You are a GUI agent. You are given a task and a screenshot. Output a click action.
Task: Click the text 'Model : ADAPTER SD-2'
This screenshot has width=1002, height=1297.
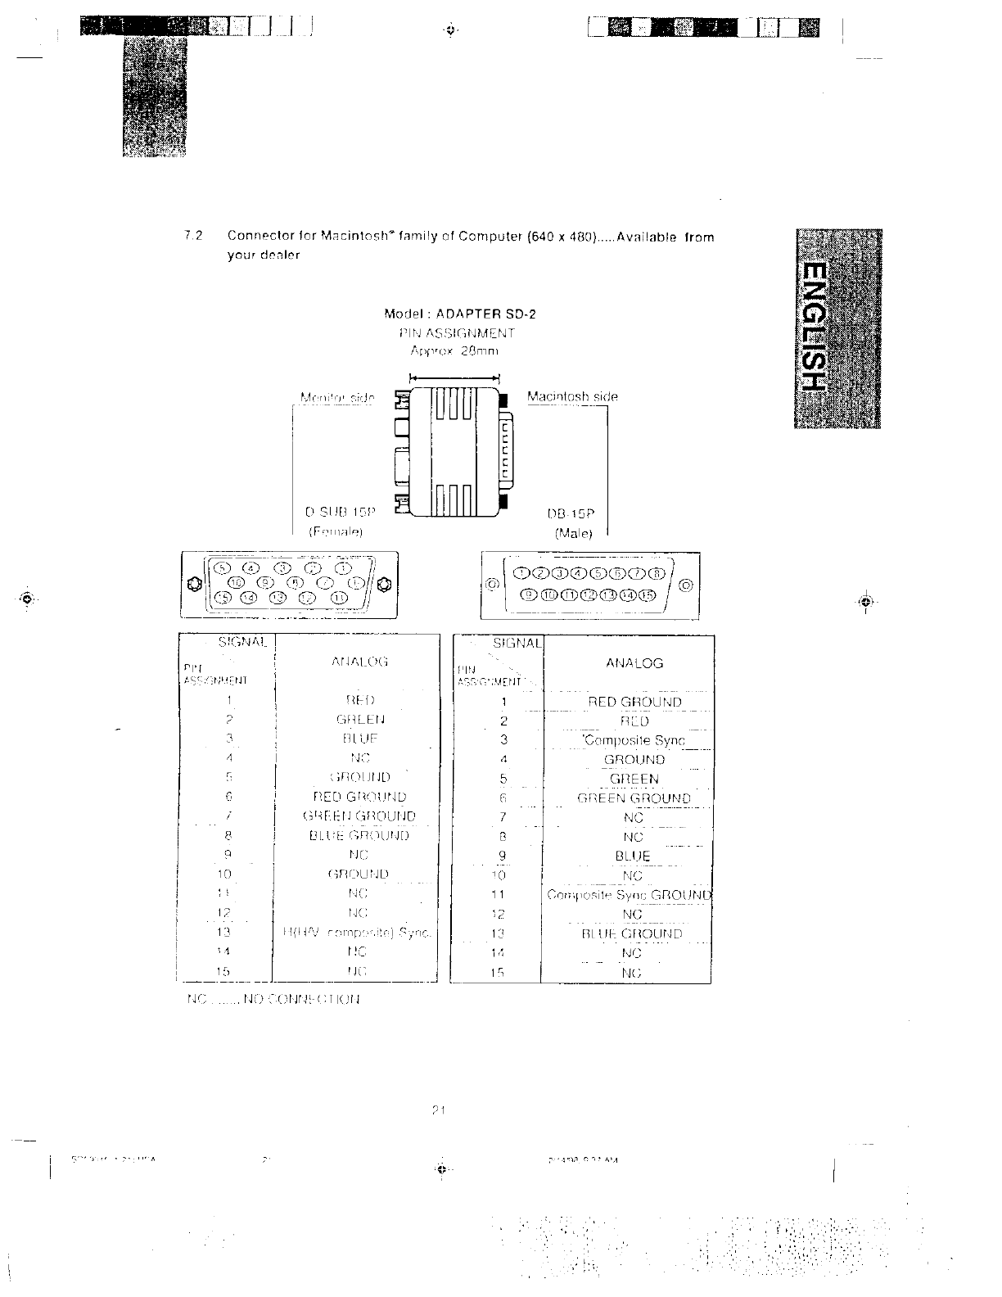point(460,314)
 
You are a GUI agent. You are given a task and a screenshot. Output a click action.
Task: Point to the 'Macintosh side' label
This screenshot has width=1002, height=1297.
point(572,397)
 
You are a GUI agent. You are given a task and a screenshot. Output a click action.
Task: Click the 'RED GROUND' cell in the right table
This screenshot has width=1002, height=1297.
point(634,702)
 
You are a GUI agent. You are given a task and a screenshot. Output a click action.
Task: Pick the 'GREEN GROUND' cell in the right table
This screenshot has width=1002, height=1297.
point(634,798)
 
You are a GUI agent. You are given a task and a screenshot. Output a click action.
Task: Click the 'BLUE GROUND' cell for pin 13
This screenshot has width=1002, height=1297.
point(631,933)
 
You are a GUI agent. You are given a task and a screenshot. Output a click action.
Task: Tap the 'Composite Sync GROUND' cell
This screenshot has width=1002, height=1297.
point(630,895)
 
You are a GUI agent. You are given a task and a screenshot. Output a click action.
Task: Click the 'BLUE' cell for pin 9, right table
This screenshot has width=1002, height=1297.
point(633,856)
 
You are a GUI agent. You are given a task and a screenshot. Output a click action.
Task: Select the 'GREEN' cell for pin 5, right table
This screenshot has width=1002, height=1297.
point(634,780)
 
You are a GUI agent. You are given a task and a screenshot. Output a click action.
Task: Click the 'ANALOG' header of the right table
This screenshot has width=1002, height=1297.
point(634,663)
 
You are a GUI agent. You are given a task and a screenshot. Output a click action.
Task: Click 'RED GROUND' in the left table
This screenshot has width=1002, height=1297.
point(359,797)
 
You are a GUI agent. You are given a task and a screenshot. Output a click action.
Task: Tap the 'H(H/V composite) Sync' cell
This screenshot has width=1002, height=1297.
point(355,933)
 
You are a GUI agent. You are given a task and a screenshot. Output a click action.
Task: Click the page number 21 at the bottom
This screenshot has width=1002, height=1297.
point(437,1110)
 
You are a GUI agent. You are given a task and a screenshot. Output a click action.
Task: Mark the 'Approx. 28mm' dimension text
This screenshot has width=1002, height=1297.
point(454,350)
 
